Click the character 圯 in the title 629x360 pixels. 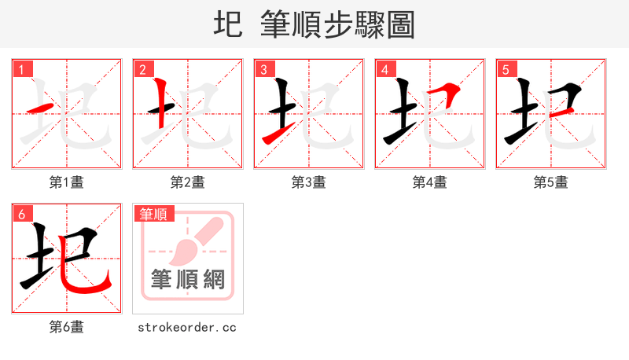(x=227, y=24)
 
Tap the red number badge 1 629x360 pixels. (x=21, y=69)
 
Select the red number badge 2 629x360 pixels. (x=142, y=69)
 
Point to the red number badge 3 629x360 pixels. (x=263, y=69)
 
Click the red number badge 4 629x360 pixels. (x=384, y=69)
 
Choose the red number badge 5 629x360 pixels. (x=506, y=69)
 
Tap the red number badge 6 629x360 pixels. (x=21, y=213)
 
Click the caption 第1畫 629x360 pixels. (x=67, y=182)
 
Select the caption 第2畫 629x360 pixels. (x=188, y=182)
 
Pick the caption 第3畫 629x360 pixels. (x=309, y=182)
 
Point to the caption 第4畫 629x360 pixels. (x=430, y=182)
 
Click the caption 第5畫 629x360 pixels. (x=551, y=182)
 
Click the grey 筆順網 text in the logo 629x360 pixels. (x=188, y=279)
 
